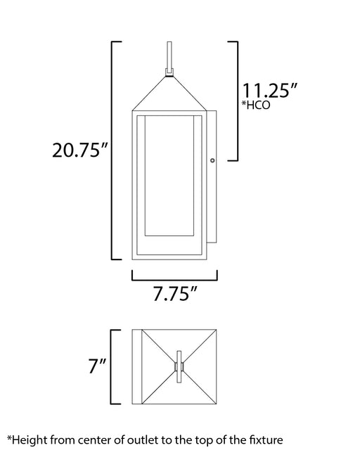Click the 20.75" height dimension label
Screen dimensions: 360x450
coord(80,150)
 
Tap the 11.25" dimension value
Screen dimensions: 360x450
coord(269,91)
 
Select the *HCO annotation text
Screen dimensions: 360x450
coord(255,105)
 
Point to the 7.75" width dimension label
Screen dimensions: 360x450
coord(175,294)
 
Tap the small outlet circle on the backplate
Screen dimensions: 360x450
coord(212,160)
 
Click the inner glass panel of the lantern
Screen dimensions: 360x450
coord(169,176)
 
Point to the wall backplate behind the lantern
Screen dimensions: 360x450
coord(212,176)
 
